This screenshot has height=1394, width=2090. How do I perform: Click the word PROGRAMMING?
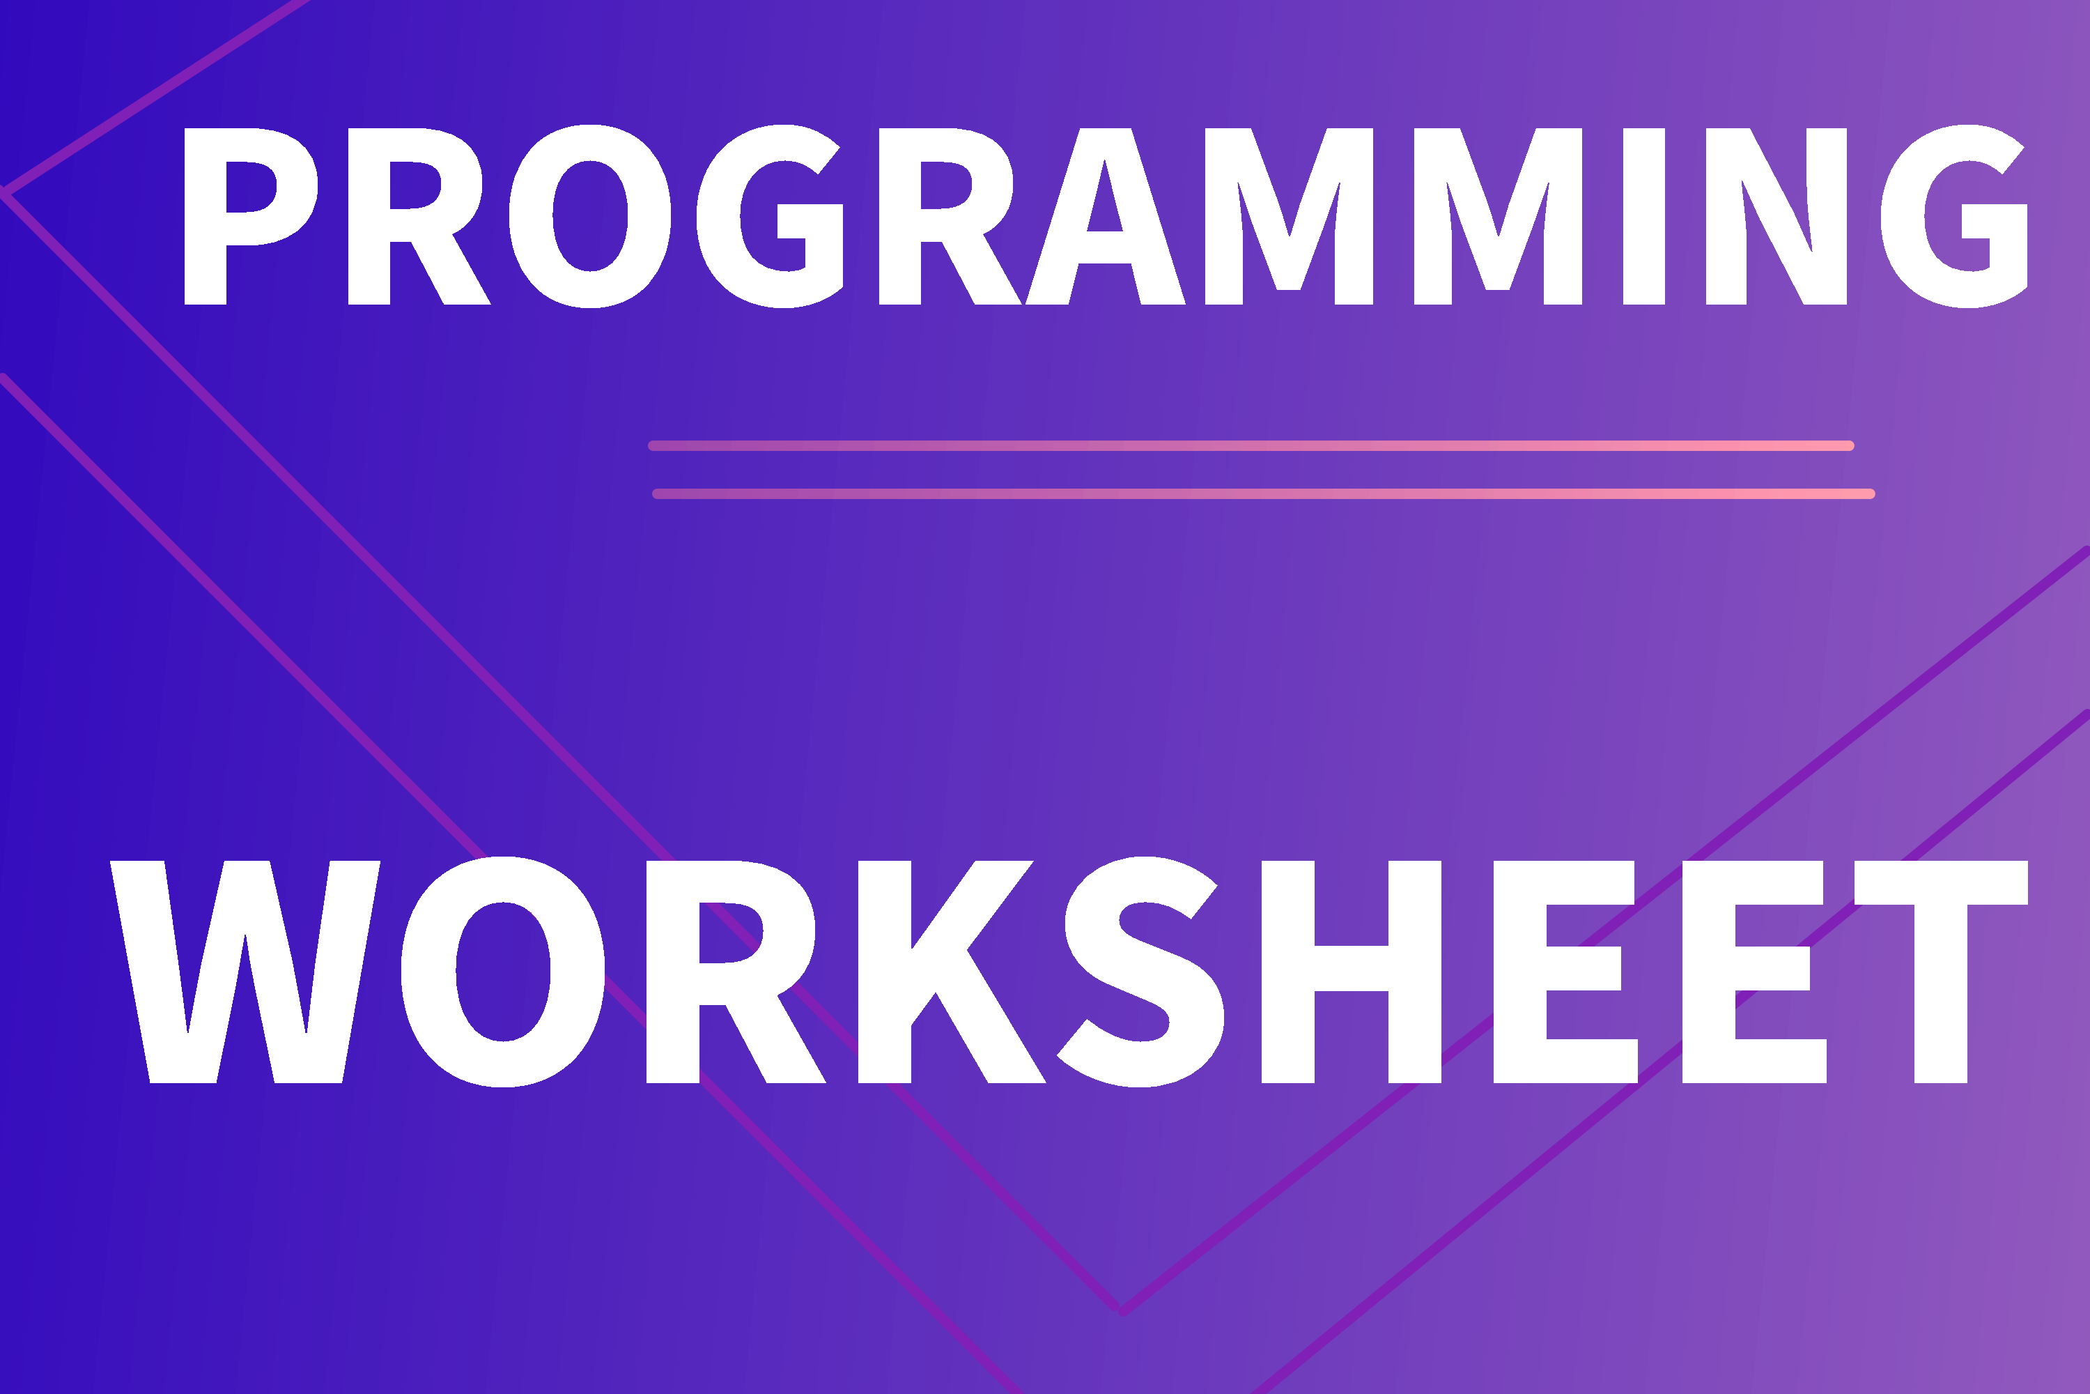click(x=1106, y=216)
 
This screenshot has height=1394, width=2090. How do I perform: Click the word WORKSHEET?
click(x=1068, y=972)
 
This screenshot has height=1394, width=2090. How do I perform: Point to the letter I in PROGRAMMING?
click(x=1644, y=216)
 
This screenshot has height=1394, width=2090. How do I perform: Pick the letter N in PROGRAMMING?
click(x=1776, y=216)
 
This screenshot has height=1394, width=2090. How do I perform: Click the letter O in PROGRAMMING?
click(x=590, y=216)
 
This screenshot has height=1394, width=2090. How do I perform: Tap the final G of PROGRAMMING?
click(x=1954, y=216)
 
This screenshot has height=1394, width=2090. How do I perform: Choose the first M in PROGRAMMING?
click(x=1288, y=216)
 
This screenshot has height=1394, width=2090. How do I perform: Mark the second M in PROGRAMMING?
click(x=1499, y=216)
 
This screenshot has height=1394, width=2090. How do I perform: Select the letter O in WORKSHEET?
click(x=503, y=972)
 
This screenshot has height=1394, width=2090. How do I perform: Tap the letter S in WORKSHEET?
click(x=1140, y=972)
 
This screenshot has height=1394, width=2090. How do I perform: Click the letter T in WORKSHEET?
click(x=1941, y=972)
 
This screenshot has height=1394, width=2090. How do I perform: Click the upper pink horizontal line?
click(x=1251, y=446)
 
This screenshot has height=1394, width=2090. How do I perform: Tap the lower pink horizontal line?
click(x=1264, y=494)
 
